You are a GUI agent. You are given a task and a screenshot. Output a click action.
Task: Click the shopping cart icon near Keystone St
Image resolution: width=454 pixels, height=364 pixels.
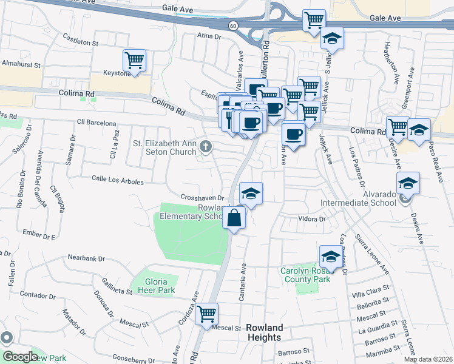coord(134,61)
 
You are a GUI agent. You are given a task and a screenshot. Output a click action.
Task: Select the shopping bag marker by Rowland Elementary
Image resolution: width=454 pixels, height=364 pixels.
coord(234,217)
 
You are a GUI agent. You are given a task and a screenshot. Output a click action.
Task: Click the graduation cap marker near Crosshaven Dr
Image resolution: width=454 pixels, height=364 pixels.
coord(251,194)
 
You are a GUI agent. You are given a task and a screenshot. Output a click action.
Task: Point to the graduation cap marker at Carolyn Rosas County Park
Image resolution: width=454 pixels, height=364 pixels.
coord(331,257)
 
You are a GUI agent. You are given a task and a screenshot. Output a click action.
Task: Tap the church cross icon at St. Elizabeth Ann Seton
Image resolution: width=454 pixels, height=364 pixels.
coord(206,146)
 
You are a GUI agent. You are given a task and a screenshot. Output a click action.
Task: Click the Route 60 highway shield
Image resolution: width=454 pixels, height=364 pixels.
coord(233,25)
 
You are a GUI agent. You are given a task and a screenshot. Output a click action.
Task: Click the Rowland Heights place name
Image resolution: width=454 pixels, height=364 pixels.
coord(264,332)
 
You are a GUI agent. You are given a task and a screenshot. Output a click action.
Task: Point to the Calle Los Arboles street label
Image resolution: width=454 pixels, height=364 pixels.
coord(117,181)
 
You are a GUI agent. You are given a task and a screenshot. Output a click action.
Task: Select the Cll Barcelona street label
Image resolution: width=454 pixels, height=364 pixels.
coord(97,123)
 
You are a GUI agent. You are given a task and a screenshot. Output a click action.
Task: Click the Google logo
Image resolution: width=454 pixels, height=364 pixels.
coord(20,357)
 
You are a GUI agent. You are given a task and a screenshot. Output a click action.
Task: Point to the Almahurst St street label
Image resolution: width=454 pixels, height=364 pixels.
coord(21,63)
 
